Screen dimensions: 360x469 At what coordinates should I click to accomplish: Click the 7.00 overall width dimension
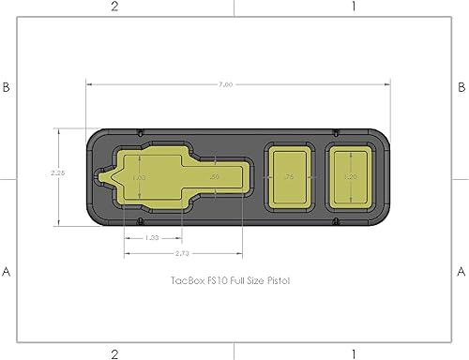coord(225,84)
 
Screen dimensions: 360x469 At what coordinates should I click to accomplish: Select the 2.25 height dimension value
coord(57,172)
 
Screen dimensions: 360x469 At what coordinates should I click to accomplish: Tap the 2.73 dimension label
coord(184,252)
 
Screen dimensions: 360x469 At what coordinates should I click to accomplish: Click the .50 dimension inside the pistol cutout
coord(214,176)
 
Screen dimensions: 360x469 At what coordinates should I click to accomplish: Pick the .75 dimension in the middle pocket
coord(289,176)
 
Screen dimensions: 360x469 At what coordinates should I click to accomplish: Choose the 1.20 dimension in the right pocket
coord(351,176)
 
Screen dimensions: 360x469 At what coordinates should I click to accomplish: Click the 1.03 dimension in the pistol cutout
coord(139,176)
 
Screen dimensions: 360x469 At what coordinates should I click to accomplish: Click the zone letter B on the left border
coord(8,86)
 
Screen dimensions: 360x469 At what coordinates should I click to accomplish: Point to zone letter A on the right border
coord(461,272)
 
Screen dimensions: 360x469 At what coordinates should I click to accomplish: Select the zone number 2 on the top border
coord(114,7)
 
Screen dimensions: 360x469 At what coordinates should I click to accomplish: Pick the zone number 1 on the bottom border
coord(353,353)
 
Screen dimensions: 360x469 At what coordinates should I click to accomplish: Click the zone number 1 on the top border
coord(353,7)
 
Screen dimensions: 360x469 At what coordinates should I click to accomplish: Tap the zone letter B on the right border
coord(461,86)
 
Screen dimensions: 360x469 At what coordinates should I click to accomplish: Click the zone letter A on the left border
coord(8,272)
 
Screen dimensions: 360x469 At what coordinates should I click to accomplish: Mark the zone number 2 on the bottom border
coord(114,353)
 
